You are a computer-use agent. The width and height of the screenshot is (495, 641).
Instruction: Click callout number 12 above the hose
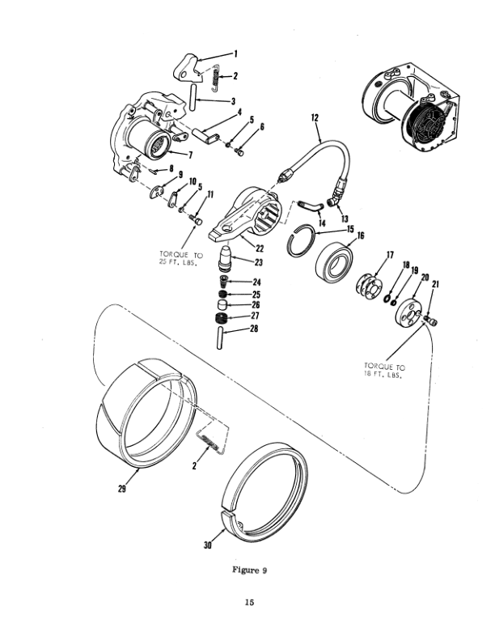(x=314, y=118)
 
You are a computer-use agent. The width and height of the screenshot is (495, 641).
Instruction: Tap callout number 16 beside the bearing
(x=360, y=236)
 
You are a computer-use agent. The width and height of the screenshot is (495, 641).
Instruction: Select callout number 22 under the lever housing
(x=260, y=247)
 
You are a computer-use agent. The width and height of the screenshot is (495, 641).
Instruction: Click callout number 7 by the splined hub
(x=188, y=155)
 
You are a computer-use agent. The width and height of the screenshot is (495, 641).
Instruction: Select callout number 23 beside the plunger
(x=260, y=262)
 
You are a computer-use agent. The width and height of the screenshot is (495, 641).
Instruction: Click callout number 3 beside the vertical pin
(x=233, y=102)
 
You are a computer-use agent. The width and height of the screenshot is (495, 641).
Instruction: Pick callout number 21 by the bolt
(x=436, y=285)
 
